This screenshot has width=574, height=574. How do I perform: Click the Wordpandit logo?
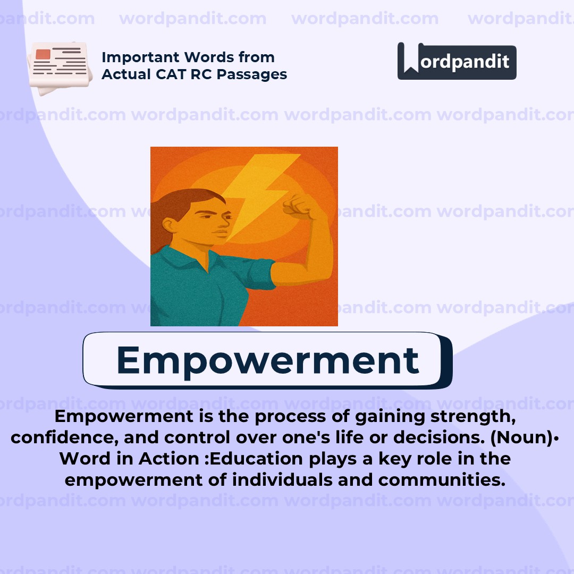point(457,61)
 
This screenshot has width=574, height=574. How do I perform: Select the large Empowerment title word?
point(267,360)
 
